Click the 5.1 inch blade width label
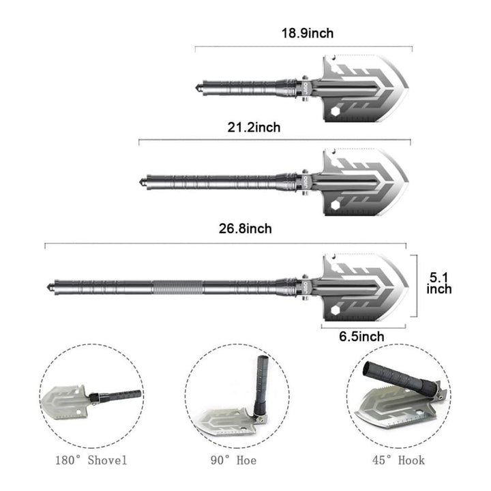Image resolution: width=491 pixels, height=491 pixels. pyautogui.click(x=439, y=283)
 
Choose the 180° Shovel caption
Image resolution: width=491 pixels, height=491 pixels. pyautogui.click(x=91, y=460)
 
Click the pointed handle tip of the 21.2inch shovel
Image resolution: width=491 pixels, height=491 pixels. pyautogui.click(x=141, y=183)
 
